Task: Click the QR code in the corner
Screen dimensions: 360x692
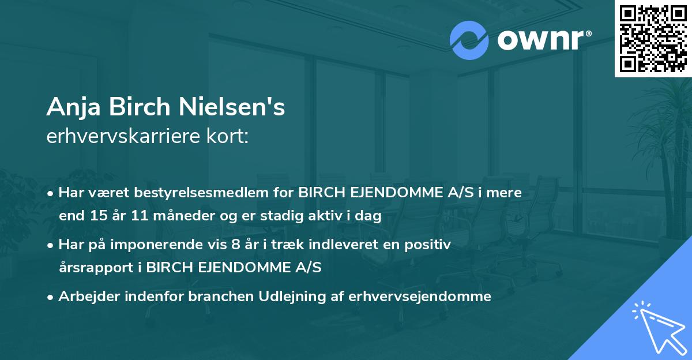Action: point(653,39)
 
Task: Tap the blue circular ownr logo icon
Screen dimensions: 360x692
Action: point(469,40)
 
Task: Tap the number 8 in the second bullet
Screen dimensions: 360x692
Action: point(235,245)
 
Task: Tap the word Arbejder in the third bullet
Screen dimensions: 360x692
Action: point(86,297)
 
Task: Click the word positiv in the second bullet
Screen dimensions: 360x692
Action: point(430,245)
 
